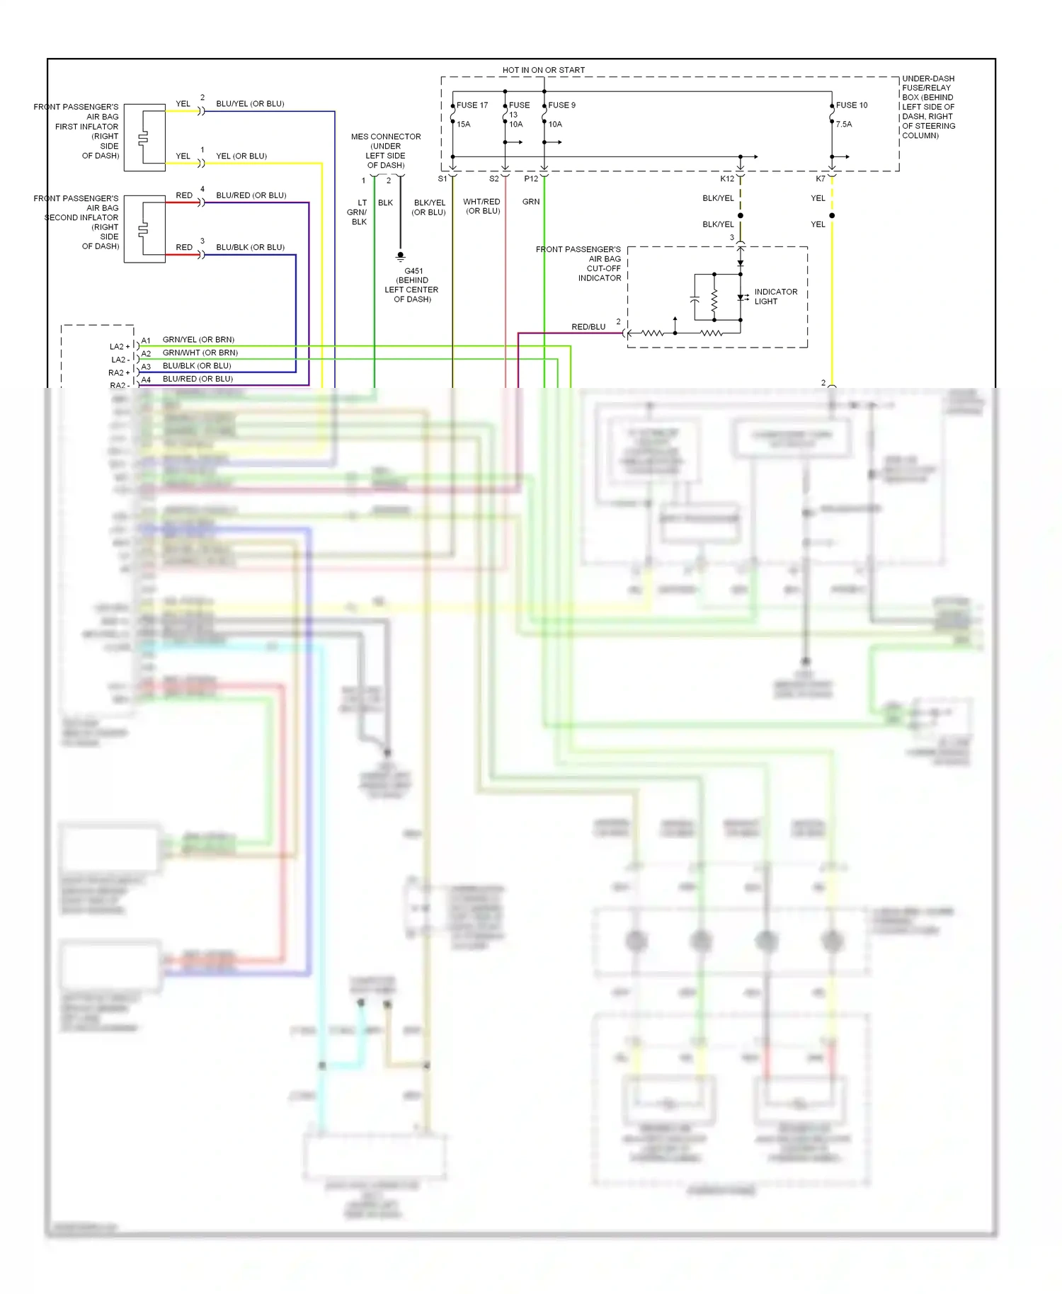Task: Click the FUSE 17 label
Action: tap(472, 105)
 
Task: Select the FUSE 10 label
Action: tap(851, 105)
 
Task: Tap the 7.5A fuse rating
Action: tap(844, 125)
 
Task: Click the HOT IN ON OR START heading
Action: tap(543, 70)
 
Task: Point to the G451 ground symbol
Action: tap(400, 256)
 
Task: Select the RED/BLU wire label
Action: tap(588, 327)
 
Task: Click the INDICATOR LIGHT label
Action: tap(775, 297)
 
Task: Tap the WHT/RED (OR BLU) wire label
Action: tap(481, 207)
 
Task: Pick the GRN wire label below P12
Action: tap(531, 202)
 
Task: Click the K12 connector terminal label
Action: tap(727, 179)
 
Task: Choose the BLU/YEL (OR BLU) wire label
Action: tap(250, 104)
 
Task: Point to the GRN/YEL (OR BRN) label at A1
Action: tap(198, 340)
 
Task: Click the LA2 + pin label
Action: tap(120, 347)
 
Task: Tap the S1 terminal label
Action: tap(442, 179)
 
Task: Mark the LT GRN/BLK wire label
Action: tap(358, 212)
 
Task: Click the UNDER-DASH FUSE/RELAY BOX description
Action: tap(928, 107)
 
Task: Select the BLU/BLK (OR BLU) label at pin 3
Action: tap(250, 248)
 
